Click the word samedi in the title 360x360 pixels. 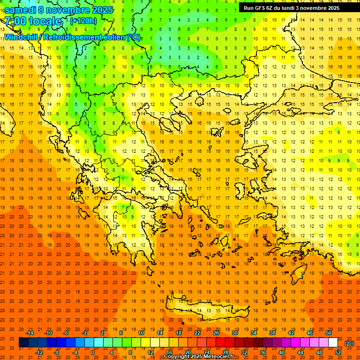22,10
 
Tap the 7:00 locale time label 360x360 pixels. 33,21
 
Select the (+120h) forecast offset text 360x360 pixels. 83,21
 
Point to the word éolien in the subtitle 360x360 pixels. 112,37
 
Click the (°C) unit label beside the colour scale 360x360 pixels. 349,343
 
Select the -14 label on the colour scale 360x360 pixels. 30,333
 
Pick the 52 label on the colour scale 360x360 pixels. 338,352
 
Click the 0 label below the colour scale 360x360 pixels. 92,352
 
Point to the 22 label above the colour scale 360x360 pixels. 197,333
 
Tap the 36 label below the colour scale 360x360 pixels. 263,352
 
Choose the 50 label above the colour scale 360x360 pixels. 329,333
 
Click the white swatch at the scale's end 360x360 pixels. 333,343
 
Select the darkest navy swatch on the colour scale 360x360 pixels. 23,343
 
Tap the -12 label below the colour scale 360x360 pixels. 39,352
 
